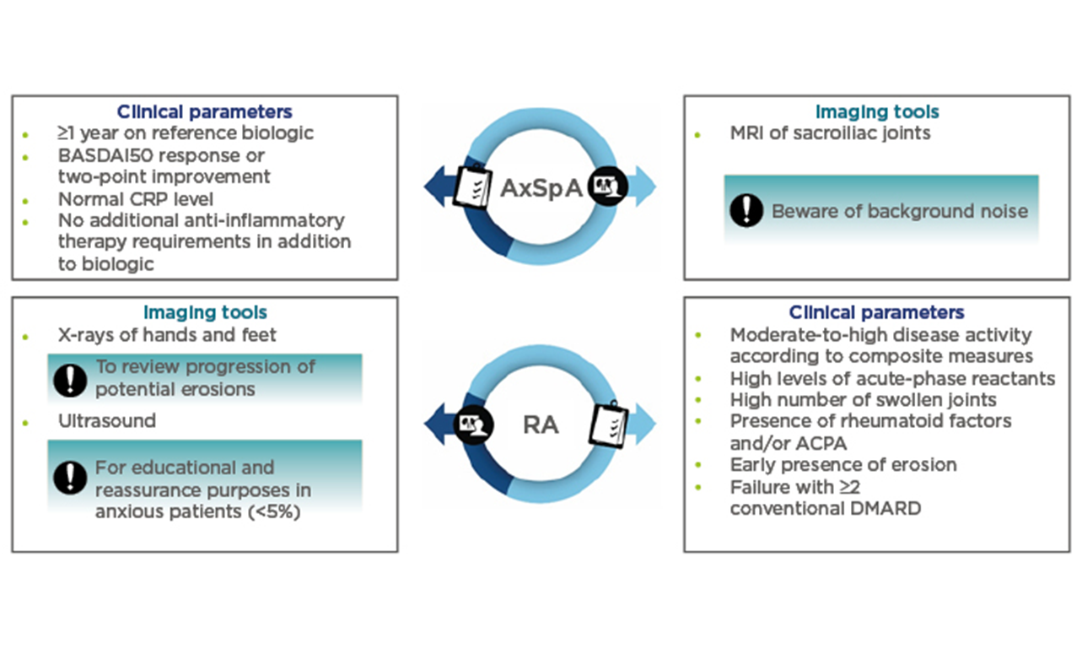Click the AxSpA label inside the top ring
tap(541, 187)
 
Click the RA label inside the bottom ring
tap(541, 424)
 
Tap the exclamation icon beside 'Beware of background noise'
tap(746, 210)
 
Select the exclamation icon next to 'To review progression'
tap(70, 379)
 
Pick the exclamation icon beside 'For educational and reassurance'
tap(70, 478)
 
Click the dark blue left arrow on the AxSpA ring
tap(435, 185)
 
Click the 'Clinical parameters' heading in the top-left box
tap(204, 111)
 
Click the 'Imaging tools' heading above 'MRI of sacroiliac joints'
tap(877, 111)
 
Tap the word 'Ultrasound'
tap(107, 420)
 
